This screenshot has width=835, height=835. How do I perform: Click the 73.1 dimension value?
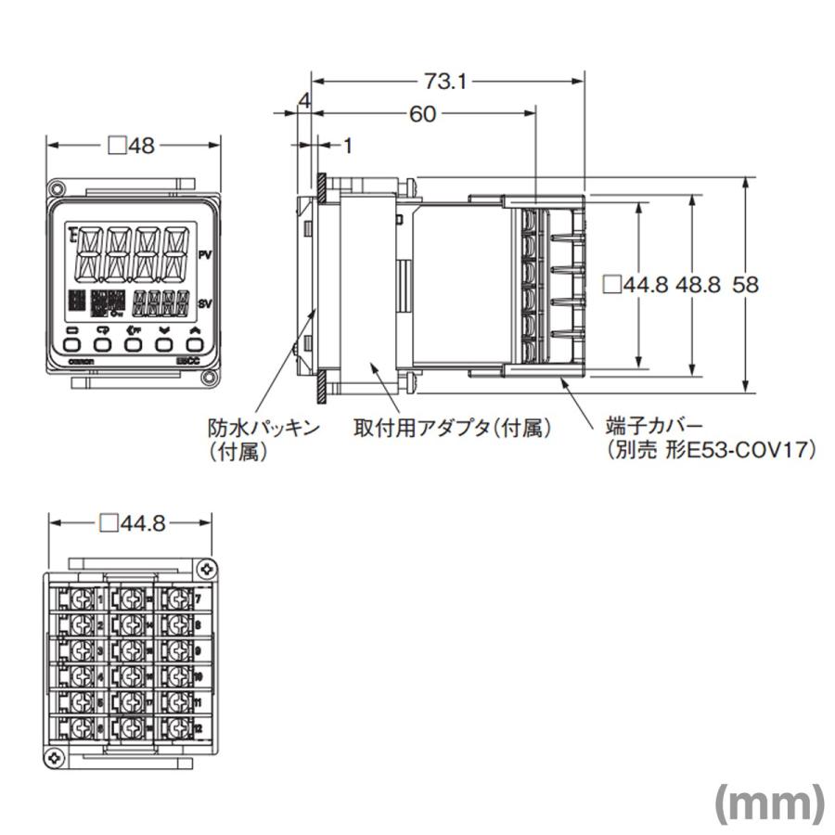pyautogui.click(x=445, y=82)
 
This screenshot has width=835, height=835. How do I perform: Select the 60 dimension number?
pyautogui.click(x=423, y=114)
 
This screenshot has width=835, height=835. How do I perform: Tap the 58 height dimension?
pyautogui.click(x=746, y=285)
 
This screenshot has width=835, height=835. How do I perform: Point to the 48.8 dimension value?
pyautogui.click(x=697, y=285)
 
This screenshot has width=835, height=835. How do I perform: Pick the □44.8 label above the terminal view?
pyautogui.click(x=132, y=524)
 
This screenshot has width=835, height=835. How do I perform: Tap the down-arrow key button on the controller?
pyautogui.click(x=164, y=343)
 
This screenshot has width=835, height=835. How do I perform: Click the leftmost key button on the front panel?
pyautogui.click(x=72, y=343)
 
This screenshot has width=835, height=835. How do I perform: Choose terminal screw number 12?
pyautogui.click(x=176, y=730)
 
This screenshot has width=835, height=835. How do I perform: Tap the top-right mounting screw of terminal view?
pyautogui.click(x=204, y=566)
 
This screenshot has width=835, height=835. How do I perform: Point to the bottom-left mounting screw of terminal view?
pyautogui.click(x=56, y=758)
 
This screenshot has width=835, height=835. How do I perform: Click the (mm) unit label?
pyautogui.click(x=768, y=803)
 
